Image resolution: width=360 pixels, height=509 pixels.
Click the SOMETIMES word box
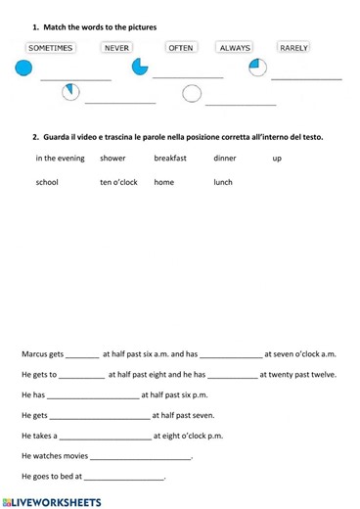[50, 47]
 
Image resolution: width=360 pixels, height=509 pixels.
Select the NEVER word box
[116, 47]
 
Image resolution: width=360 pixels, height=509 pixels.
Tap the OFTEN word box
[181, 47]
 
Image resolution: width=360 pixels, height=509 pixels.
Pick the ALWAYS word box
[235, 47]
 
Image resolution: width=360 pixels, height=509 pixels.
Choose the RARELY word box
[293, 47]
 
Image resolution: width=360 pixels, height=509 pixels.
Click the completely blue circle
[22, 68]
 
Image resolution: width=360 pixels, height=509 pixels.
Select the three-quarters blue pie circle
[140, 67]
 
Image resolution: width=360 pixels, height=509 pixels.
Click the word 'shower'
[112, 158]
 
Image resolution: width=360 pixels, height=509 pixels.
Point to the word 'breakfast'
[170, 158]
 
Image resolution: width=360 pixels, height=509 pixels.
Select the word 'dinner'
[224, 158]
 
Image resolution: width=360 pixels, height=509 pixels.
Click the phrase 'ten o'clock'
[118, 182]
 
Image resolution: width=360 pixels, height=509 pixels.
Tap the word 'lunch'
[223, 182]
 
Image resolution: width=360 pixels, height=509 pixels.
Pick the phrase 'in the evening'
[60, 158]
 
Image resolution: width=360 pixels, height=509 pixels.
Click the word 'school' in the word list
[47, 182]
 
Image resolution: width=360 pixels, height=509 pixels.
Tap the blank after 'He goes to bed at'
[124, 479]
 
